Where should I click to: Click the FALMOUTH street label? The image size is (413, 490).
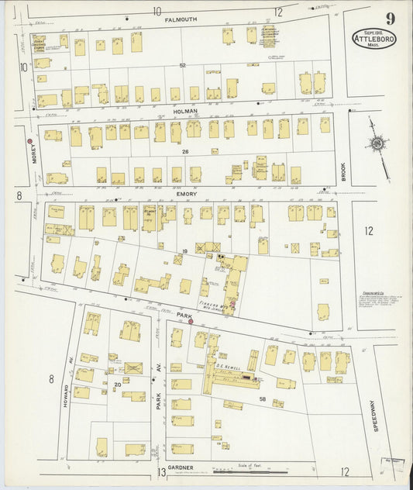pos(180,19)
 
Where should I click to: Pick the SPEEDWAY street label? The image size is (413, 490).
pos(373,415)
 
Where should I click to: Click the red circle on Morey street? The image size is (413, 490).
pos(30,141)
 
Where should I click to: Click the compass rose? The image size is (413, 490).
pos(377,143)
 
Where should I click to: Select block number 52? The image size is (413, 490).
pos(183,66)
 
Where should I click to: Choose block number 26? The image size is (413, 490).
pos(185,152)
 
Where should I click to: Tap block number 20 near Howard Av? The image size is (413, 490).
pos(118,384)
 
